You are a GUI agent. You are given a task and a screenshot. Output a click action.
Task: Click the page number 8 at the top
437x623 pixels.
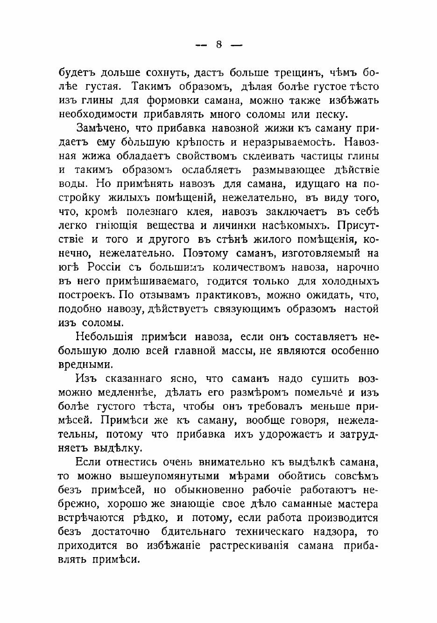click(218, 45)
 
